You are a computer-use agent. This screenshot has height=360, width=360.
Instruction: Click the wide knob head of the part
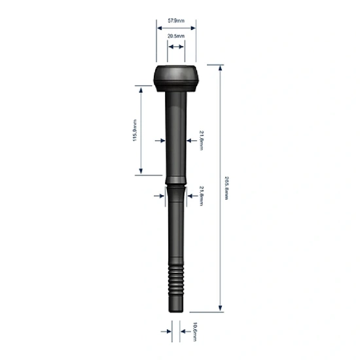click(175, 77)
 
